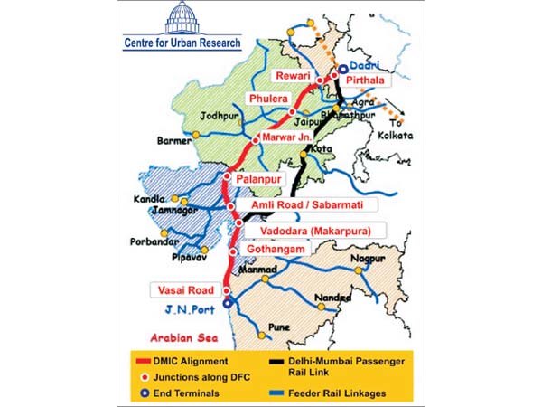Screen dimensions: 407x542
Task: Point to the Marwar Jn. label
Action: pos(286,136)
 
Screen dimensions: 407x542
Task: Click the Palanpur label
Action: pos(259,179)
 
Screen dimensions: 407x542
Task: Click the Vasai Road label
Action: pos(183,290)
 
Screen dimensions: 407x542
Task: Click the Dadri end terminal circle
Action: pos(344,66)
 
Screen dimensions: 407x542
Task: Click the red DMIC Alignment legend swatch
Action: pos(140,360)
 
